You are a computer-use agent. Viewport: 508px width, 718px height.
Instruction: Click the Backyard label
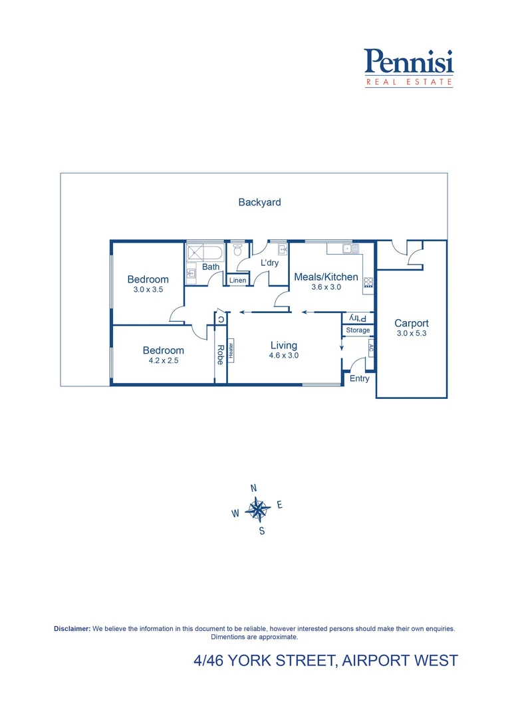pyautogui.click(x=259, y=202)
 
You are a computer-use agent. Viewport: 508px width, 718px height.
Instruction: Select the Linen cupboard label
pyautogui.click(x=237, y=281)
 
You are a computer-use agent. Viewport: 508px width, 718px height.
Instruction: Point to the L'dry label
pyautogui.click(x=269, y=263)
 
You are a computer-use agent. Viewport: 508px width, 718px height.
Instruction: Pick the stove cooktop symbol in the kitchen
pyautogui.click(x=368, y=282)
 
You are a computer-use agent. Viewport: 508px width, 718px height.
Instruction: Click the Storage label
pyautogui.click(x=358, y=330)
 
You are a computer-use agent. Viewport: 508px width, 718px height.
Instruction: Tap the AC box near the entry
pyautogui.click(x=371, y=348)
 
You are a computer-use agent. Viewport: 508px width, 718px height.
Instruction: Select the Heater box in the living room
pyautogui.click(x=231, y=350)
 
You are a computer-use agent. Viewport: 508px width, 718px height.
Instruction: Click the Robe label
pyautogui.click(x=220, y=354)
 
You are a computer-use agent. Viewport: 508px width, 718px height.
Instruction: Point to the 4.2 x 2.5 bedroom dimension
pyautogui.click(x=163, y=360)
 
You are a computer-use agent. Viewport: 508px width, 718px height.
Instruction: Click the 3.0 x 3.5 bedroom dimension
pyautogui.click(x=148, y=290)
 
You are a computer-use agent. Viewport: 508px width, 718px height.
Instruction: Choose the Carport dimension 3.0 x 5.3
pyautogui.click(x=411, y=333)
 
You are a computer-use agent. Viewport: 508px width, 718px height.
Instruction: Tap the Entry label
pyautogui.click(x=359, y=378)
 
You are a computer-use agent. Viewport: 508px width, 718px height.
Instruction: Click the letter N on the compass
pyautogui.click(x=253, y=488)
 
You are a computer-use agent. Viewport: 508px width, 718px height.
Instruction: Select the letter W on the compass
pyautogui.click(x=235, y=513)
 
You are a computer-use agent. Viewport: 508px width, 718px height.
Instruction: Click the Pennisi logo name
pyautogui.click(x=408, y=62)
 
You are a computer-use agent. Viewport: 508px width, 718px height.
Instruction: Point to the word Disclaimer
pyautogui.click(x=72, y=628)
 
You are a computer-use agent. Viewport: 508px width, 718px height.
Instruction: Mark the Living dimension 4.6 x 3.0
pyautogui.click(x=283, y=355)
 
